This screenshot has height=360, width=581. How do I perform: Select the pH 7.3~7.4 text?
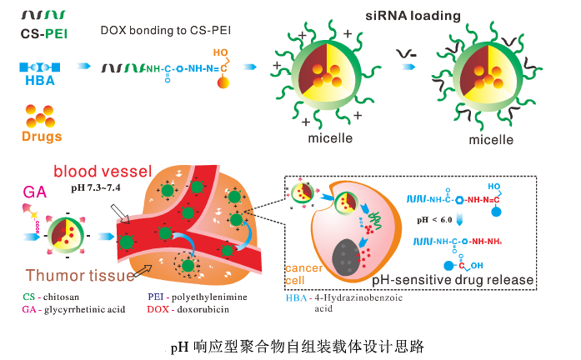pyautogui.click(x=96, y=188)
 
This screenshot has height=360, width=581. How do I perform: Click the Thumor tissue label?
pyautogui.click(x=80, y=276)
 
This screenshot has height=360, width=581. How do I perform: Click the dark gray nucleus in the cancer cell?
pyautogui.click(x=343, y=256)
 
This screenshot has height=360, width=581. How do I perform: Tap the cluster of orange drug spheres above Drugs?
pyautogui.click(x=39, y=112)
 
